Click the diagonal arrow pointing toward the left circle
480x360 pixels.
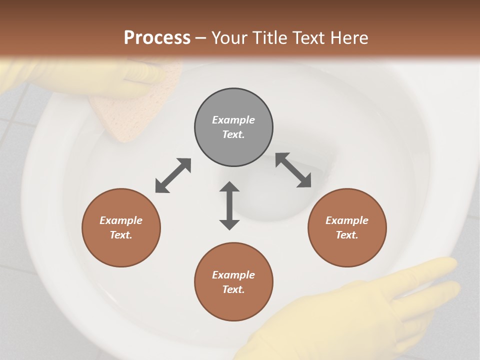(x=173, y=175)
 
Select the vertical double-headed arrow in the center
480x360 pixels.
(x=229, y=205)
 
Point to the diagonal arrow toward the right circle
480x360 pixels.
(x=293, y=170)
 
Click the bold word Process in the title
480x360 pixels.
(x=157, y=37)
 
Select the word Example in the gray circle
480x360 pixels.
(x=233, y=120)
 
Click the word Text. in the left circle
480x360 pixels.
(x=121, y=235)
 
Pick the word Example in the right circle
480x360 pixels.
(x=347, y=220)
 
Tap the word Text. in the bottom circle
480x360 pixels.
(x=233, y=289)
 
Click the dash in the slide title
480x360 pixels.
(x=200, y=37)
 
